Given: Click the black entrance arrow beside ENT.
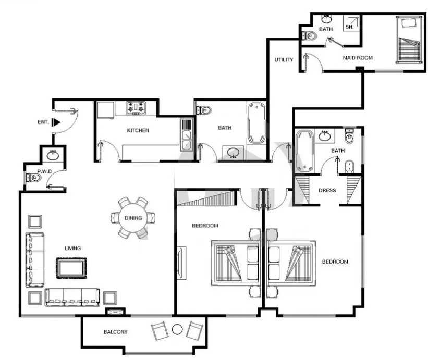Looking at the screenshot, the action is click(x=56, y=122).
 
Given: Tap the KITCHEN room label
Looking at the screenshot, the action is click(x=138, y=130).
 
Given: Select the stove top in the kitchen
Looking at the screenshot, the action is click(x=136, y=108).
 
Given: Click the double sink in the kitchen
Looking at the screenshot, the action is click(x=187, y=135).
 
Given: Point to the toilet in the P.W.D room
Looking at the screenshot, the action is click(x=33, y=178).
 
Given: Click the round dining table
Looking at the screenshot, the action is click(x=133, y=218).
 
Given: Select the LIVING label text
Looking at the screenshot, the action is click(x=72, y=248).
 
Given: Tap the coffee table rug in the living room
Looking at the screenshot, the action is click(x=71, y=268).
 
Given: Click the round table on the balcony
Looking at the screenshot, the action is click(x=177, y=329).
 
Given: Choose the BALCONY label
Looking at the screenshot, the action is click(x=115, y=332).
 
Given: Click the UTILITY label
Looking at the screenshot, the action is click(x=284, y=60).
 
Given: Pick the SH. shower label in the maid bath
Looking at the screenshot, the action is click(x=349, y=27).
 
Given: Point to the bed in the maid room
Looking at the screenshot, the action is click(x=409, y=40).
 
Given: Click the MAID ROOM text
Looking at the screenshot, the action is click(x=358, y=58).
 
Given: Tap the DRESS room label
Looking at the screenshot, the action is click(x=327, y=190).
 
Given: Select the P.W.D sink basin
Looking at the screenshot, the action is click(x=53, y=155).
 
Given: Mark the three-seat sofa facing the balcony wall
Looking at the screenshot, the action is click(x=72, y=297).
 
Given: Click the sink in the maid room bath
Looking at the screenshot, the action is click(x=326, y=19).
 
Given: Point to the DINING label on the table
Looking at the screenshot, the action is click(x=133, y=218).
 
